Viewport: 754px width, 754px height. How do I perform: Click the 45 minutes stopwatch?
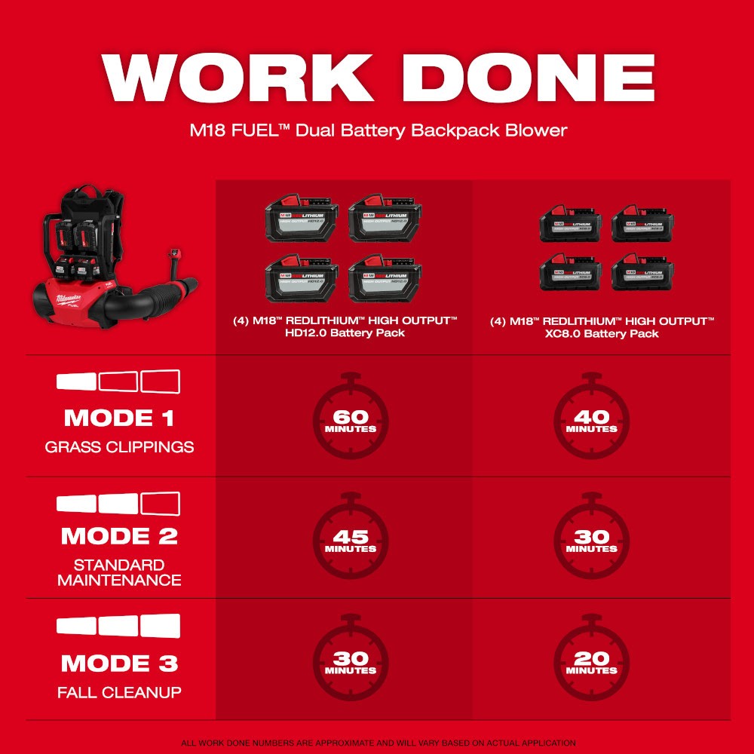pyautogui.click(x=351, y=541)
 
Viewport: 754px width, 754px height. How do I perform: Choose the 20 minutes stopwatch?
pyautogui.click(x=592, y=661)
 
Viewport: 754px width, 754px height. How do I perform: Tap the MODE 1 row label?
pyautogui.click(x=119, y=418)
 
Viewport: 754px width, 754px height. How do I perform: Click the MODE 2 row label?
pyautogui.click(x=119, y=536)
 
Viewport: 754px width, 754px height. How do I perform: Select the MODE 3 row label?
pyautogui.click(x=119, y=664)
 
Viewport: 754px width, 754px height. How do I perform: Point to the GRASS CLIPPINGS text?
pyautogui.click(x=119, y=447)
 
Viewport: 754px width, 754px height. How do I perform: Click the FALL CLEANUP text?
pyautogui.click(x=119, y=692)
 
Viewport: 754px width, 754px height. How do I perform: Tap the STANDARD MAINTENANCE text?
pyautogui.click(x=119, y=572)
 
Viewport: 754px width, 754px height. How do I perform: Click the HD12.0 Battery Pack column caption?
pyautogui.click(x=345, y=327)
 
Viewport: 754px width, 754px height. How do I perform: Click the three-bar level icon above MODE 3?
pyautogui.click(x=119, y=626)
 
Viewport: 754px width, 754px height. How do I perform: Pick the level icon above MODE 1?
pyautogui.click(x=119, y=381)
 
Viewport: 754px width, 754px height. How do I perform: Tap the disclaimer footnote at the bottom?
pyautogui.click(x=377, y=743)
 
